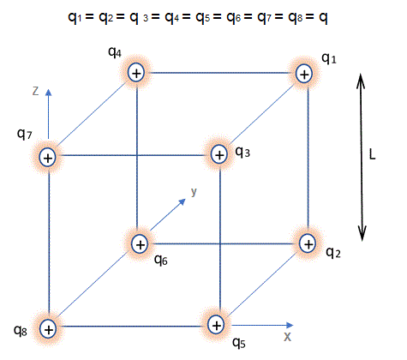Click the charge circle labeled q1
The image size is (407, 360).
click(x=304, y=75)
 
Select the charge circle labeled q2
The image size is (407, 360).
click(x=308, y=244)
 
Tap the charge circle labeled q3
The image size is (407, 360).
click(x=219, y=155)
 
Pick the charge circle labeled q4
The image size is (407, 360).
click(x=136, y=73)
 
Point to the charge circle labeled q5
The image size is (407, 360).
click(x=216, y=325)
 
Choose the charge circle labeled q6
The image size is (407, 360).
click(x=140, y=244)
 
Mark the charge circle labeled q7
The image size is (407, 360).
click(x=48, y=158)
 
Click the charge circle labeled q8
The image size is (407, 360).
click(x=48, y=329)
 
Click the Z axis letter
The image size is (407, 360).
click(x=35, y=91)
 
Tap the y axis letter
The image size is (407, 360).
click(x=194, y=192)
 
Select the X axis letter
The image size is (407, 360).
click(x=287, y=337)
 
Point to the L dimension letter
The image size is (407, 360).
click(x=372, y=154)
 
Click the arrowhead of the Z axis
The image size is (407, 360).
click(x=49, y=93)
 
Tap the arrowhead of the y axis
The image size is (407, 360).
click(x=183, y=201)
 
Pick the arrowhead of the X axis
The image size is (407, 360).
click(x=290, y=325)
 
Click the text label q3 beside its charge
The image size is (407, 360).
click(x=242, y=152)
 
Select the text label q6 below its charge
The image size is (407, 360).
click(x=161, y=260)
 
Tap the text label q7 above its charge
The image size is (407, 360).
click(x=25, y=134)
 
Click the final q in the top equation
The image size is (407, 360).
click(x=323, y=18)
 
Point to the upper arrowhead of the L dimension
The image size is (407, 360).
click(x=361, y=80)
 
